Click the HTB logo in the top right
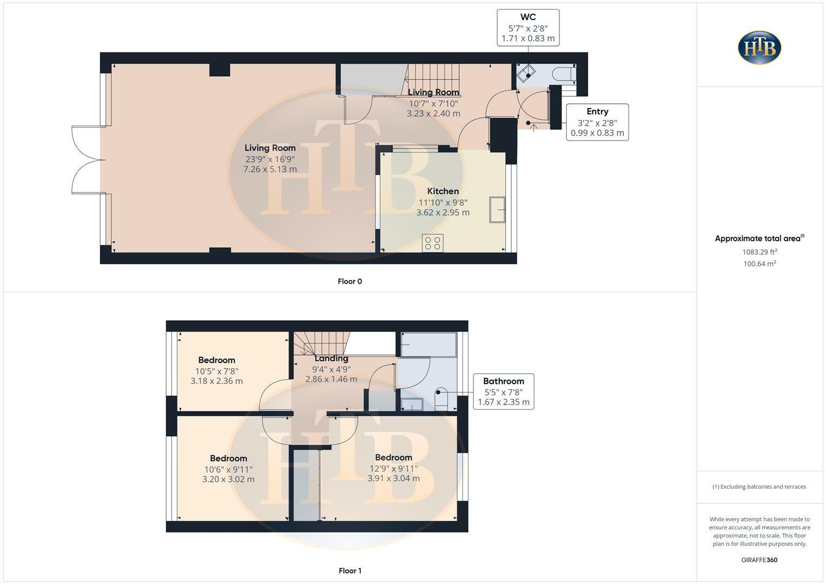(759, 48)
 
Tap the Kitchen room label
(442, 191)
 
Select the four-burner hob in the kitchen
(433, 243)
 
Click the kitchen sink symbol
(497, 210)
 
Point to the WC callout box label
(528, 17)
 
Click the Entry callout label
(597, 111)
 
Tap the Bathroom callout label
(503, 381)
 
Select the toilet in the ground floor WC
(564, 75)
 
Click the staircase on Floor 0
(433, 76)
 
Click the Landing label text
(331, 358)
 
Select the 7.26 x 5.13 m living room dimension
(270, 169)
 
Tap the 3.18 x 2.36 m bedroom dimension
(216, 381)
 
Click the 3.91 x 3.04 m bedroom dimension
(393, 478)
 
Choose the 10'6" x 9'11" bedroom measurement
(228, 469)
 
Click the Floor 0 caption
(349, 281)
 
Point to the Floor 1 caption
(349, 570)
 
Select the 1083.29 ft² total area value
(759, 251)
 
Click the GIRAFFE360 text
(759, 560)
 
